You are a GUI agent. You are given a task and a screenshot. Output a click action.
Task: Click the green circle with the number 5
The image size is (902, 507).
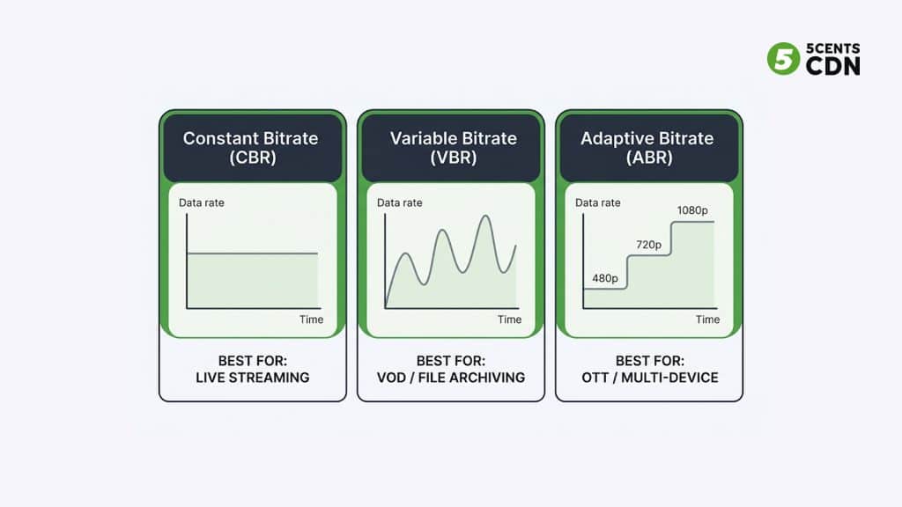[781, 59]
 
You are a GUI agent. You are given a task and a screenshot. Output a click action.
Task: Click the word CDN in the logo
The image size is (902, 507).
[832, 67]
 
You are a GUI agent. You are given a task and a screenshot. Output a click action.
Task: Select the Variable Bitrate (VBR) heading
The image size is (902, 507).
[451, 148]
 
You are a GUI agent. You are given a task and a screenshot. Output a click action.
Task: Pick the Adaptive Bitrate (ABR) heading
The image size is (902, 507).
[648, 148]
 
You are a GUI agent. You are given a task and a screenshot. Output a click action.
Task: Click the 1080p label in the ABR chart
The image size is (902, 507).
[691, 210]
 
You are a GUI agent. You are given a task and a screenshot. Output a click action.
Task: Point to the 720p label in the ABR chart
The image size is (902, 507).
[650, 244]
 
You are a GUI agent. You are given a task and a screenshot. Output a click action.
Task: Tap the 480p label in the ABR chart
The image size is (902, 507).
[605, 278]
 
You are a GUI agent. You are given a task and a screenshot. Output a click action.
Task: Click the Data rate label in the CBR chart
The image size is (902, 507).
[201, 203]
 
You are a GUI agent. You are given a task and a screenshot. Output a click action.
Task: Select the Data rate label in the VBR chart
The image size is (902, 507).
[399, 203]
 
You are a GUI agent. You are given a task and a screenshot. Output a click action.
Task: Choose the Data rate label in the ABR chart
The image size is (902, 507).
[597, 203]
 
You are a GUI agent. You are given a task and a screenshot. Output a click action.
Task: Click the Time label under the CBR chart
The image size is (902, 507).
[311, 320]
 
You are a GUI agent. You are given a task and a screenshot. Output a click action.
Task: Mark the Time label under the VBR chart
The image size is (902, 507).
[509, 320]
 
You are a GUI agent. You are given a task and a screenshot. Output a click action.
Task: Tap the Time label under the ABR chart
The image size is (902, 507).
[707, 320]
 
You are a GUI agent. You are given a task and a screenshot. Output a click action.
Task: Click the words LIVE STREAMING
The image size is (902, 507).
[252, 378]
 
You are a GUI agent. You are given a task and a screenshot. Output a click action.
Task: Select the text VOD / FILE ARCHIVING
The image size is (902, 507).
[451, 378]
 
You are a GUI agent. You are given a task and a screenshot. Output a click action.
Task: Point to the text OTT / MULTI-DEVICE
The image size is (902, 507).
[648, 378]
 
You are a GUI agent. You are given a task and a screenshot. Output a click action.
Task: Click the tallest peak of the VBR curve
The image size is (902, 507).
[484, 217]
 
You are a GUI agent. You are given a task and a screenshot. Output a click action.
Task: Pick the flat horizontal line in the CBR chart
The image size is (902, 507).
[252, 253]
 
